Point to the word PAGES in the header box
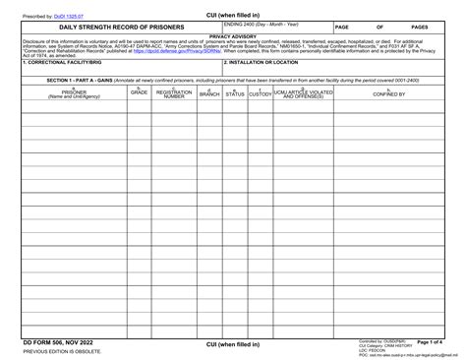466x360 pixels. [x=418, y=28]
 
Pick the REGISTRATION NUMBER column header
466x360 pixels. [x=174, y=93]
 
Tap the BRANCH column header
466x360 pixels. [x=209, y=93]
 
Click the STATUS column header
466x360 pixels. [x=234, y=93]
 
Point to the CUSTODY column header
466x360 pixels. [x=260, y=93]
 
